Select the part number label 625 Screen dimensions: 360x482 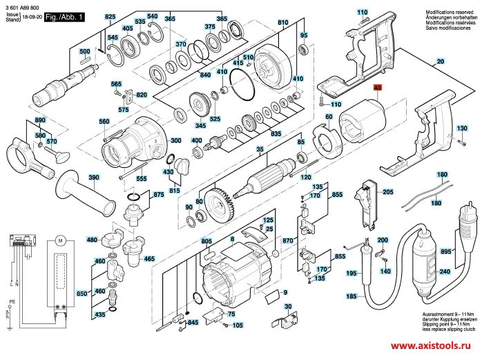(x=110, y=16)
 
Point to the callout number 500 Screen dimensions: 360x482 (x=84, y=52)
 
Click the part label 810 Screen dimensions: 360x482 (x=282, y=23)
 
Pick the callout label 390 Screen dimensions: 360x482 (x=93, y=178)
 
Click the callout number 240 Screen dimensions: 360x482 (x=445, y=272)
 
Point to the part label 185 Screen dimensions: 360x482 (x=351, y=296)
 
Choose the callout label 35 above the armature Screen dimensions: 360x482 (x=260, y=150)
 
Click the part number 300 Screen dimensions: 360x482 (x=176, y=141)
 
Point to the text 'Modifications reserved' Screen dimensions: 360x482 (x=450, y=13)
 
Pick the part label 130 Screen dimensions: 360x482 (x=463, y=129)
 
